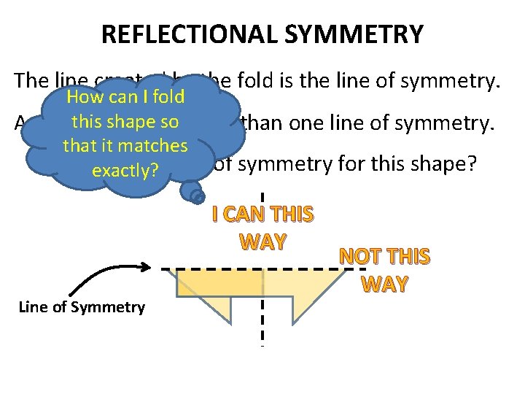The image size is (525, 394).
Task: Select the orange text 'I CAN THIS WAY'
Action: click(262, 228)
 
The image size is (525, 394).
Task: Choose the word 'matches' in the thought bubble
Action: click(156, 146)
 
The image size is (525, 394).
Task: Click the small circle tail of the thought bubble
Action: click(195, 195)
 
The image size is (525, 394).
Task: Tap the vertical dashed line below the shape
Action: click(262, 328)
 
